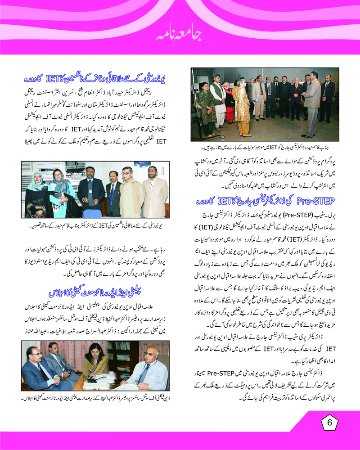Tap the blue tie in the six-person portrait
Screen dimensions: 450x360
pyautogui.click(x=112, y=192)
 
